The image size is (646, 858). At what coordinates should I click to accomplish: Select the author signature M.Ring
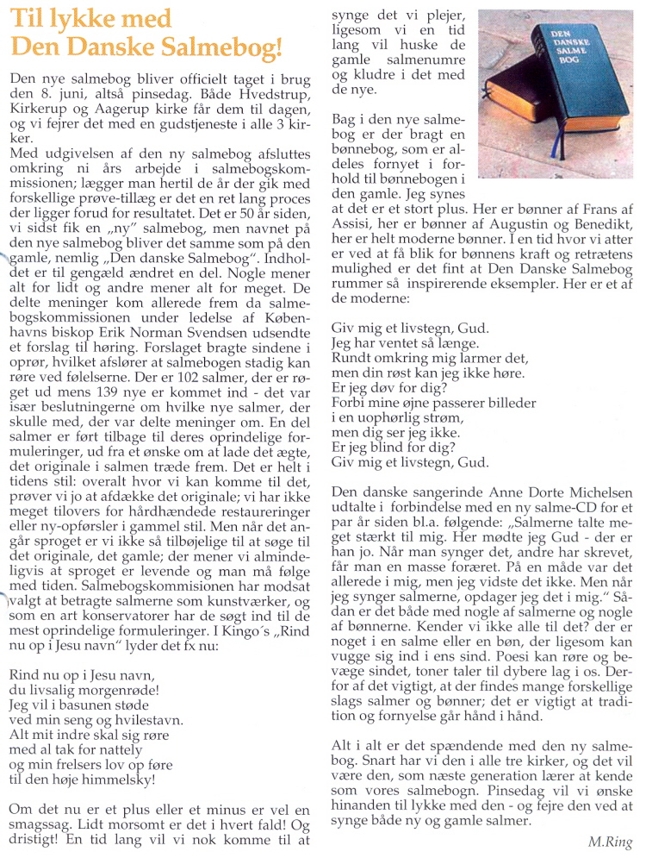tap(611, 842)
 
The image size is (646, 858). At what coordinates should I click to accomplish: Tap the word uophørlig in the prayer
tap(381, 418)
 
